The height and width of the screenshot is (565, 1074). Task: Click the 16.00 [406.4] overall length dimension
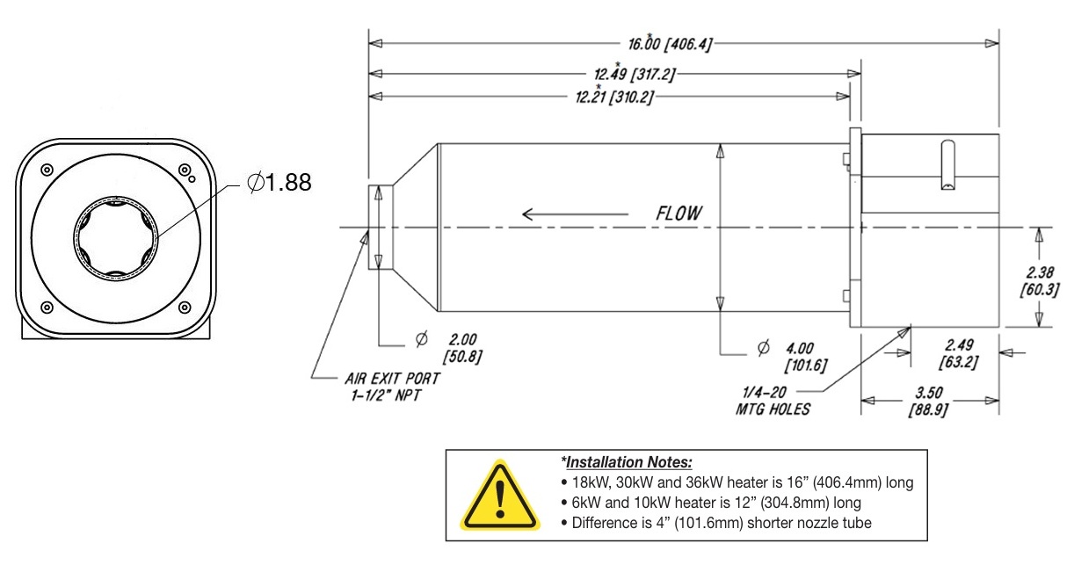point(670,44)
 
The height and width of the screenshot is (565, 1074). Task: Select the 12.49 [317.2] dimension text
point(634,74)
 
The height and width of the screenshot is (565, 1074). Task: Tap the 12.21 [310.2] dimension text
point(614,97)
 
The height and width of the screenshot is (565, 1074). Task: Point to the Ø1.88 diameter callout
point(279,182)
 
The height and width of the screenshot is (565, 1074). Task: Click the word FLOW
point(679,214)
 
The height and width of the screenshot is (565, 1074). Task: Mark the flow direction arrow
point(575,214)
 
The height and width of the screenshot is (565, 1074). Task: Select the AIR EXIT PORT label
point(392,379)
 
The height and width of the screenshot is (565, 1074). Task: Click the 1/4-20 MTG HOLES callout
point(773,401)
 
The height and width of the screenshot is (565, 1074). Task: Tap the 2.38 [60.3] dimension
point(1039,281)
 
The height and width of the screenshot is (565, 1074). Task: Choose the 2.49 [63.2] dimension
point(959,353)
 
